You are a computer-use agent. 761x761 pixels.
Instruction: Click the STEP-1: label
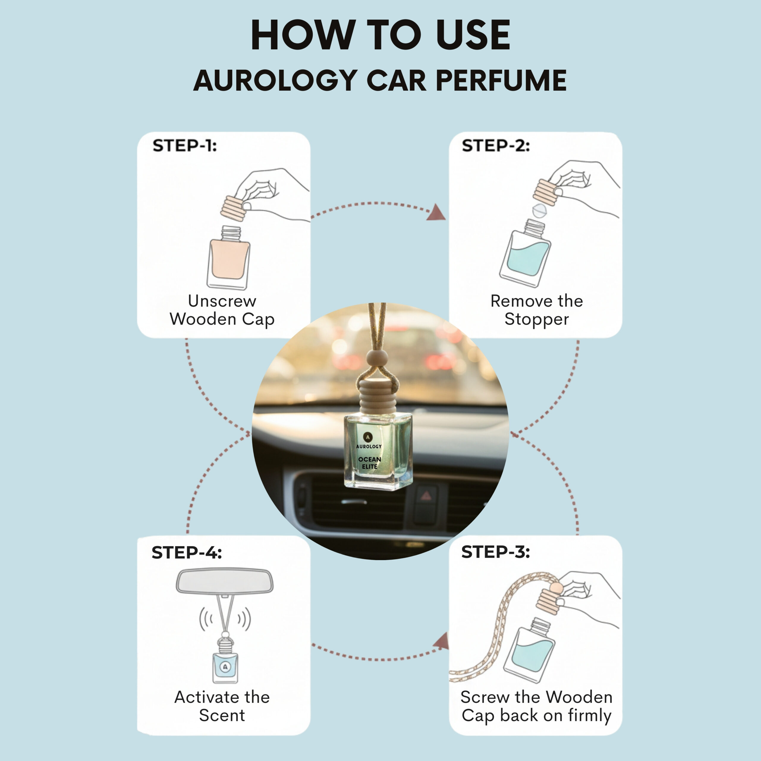185,146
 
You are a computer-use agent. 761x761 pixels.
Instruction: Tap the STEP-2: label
496,146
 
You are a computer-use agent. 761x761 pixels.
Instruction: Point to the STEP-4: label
187,552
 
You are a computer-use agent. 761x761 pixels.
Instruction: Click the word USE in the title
473,35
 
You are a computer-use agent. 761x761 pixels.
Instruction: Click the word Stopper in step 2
537,319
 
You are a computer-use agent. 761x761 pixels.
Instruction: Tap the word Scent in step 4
222,715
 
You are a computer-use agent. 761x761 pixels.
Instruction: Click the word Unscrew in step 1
222,301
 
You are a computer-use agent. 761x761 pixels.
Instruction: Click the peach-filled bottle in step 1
229,258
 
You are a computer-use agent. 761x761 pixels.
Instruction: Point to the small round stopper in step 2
539,211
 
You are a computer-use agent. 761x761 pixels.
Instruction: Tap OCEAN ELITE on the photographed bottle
370,463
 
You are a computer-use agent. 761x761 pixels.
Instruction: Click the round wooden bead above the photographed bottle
377,360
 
